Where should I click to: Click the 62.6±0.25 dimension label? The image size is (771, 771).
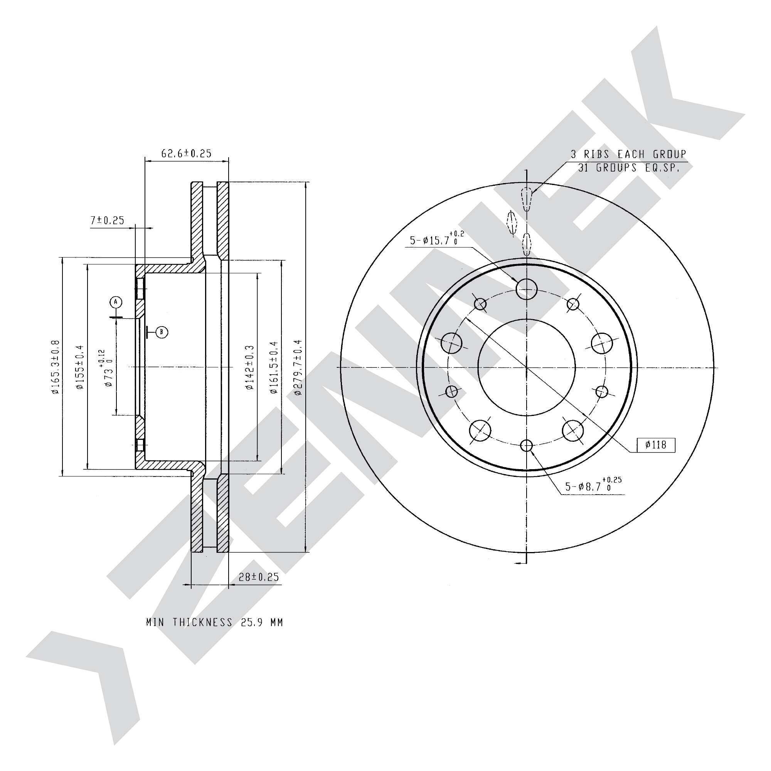click(x=186, y=153)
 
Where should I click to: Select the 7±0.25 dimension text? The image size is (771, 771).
click(x=107, y=220)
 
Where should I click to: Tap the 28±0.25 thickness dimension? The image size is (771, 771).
click(x=259, y=577)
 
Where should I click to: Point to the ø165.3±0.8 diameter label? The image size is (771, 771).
click(x=55, y=367)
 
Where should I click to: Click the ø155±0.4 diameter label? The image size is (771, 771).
click(x=79, y=367)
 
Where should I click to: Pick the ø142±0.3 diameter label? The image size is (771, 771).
click(x=250, y=367)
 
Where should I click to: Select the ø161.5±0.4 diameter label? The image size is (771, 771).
click(x=273, y=367)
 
